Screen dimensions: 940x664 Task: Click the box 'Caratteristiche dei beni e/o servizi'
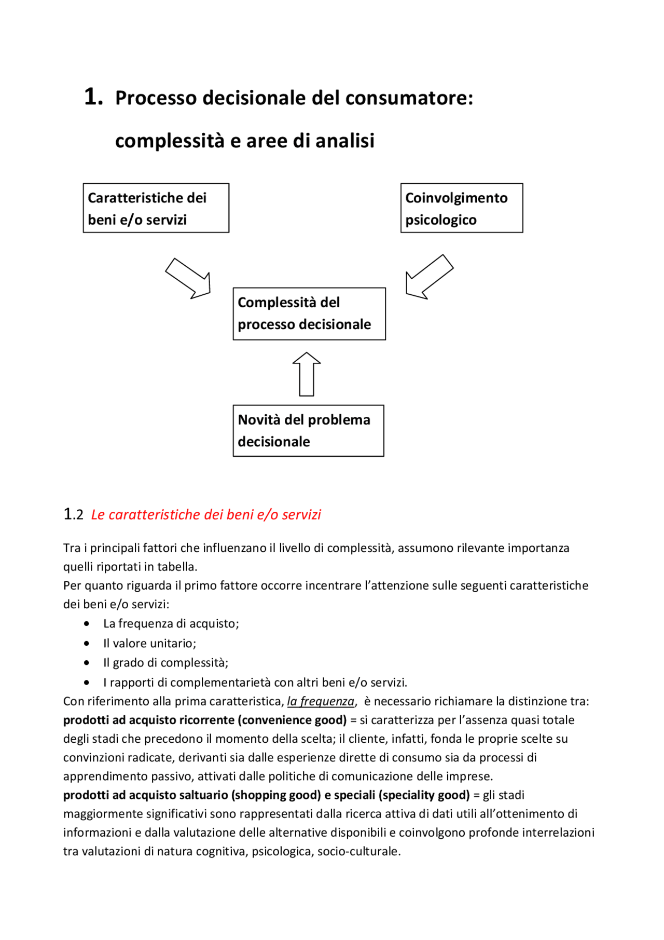click(156, 208)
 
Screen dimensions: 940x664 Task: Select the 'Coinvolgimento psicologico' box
click(461, 208)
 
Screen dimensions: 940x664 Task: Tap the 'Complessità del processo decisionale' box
click(309, 314)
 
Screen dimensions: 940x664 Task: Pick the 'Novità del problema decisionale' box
click(308, 430)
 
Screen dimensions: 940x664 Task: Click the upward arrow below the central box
click(307, 374)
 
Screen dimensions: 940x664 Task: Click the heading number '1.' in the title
click(93, 97)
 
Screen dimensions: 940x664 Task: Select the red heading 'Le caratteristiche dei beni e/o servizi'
click(206, 514)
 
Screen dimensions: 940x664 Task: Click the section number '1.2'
click(73, 514)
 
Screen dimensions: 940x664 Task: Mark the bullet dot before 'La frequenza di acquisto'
click(87, 623)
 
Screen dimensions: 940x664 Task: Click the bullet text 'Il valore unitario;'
click(149, 643)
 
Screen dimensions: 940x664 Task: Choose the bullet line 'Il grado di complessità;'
click(165, 662)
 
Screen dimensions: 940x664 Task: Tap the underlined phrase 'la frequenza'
click(321, 701)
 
